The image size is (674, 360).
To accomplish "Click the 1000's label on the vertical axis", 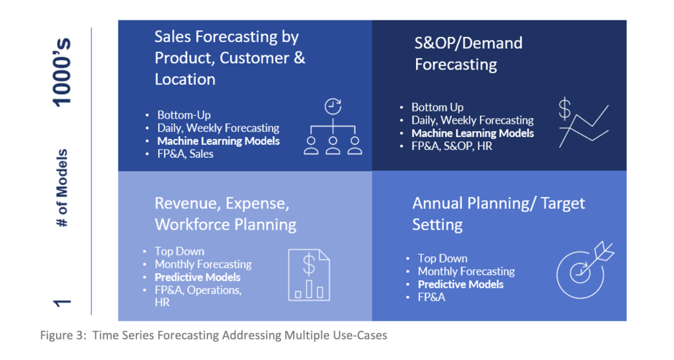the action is tap(62, 72).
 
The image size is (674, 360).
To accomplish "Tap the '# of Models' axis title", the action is tap(63, 188).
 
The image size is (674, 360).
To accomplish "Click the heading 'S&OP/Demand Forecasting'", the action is tap(469, 54).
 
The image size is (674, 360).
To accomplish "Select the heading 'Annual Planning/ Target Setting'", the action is tap(499, 214).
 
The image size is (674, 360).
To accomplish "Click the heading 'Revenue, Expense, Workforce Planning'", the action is tap(226, 214).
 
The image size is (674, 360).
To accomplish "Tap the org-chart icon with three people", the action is tap(332, 127).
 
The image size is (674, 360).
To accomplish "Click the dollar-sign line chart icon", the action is tap(583, 123).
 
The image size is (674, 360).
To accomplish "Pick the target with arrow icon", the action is tap(585, 270).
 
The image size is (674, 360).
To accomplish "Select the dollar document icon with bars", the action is tap(309, 275).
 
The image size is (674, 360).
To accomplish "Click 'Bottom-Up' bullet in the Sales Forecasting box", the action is tap(184, 115).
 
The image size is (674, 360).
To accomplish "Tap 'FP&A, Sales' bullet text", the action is tap(185, 154).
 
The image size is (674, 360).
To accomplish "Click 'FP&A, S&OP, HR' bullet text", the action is tap(452, 146).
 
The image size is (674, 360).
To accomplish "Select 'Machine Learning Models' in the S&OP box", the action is tap(473, 133).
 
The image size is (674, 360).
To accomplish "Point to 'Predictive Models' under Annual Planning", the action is tap(460, 284).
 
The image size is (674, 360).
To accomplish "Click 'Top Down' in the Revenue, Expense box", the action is tap(179, 251).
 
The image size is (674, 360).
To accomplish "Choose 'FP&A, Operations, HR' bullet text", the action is tap(198, 296).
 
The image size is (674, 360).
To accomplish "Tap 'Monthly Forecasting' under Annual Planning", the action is tap(467, 272).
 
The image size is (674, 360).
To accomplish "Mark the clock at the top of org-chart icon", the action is tap(332, 106).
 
